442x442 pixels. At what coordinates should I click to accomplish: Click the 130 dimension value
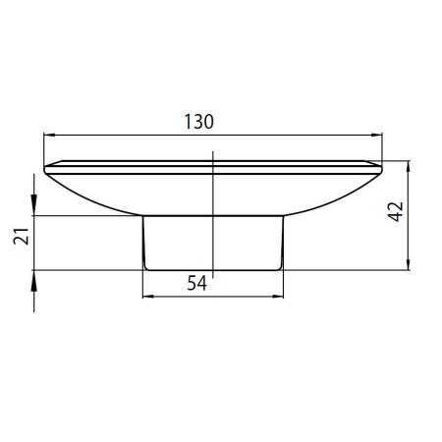(198, 122)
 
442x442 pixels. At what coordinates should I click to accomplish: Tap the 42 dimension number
(396, 211)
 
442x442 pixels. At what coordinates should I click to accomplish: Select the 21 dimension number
(22, 236)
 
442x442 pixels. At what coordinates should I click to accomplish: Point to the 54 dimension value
(197, 283)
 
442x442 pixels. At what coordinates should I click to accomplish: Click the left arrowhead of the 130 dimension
(49, 135)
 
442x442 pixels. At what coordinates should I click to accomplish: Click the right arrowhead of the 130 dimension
(377, 135)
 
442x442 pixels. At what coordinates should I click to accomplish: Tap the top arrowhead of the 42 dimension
(408, 166)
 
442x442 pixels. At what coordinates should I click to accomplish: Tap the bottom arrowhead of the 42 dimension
(408, 264)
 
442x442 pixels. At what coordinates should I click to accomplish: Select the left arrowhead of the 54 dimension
(148, 297)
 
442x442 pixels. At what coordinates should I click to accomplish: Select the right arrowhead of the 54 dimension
(278, 297)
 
